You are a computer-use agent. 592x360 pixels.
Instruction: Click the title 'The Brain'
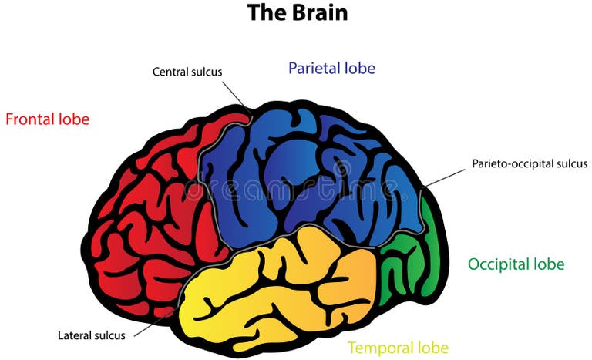pyautogui.click(x=297, y=13)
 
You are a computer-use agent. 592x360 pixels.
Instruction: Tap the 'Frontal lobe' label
pyautogui.click(x=47, y=119)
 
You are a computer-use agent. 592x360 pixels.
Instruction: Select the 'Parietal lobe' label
pyautogui.click(x=331, y=68)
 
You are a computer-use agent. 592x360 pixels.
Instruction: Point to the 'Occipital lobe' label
pyautogui.click(x=516, y=264)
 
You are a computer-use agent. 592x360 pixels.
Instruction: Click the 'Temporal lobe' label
pyautogui.click(x=398, y=347)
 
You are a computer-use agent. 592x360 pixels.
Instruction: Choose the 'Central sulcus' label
pyautogui.click(x=187, y=72)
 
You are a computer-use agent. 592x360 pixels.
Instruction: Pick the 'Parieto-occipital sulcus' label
pyautogui.click(x=530, y=163)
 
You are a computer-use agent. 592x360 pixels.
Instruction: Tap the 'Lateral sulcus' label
pyautogui.click(x=92, y=335)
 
